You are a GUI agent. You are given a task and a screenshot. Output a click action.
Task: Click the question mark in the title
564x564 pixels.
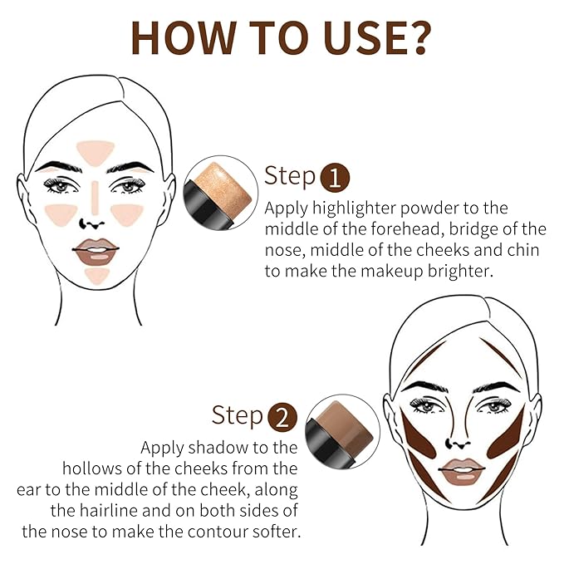tap(417, 37)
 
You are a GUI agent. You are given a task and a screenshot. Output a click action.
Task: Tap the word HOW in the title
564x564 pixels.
tap(184, 37)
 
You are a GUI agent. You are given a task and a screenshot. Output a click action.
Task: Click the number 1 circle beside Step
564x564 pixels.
tap(335, 178)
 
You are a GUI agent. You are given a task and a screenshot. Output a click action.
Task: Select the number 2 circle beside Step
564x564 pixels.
tap(282, 418)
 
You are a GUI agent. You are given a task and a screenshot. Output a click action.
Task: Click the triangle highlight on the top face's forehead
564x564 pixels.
tap(96, 152)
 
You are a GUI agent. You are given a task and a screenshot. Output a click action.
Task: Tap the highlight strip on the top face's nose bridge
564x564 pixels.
tap(95, 198)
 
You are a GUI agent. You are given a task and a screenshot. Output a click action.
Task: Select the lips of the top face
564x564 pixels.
tap(96, 252)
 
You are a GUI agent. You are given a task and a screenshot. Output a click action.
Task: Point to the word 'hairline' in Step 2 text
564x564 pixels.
tap(108, 511)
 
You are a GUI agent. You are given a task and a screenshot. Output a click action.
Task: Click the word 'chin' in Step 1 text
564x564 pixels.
tap(523, 250)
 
